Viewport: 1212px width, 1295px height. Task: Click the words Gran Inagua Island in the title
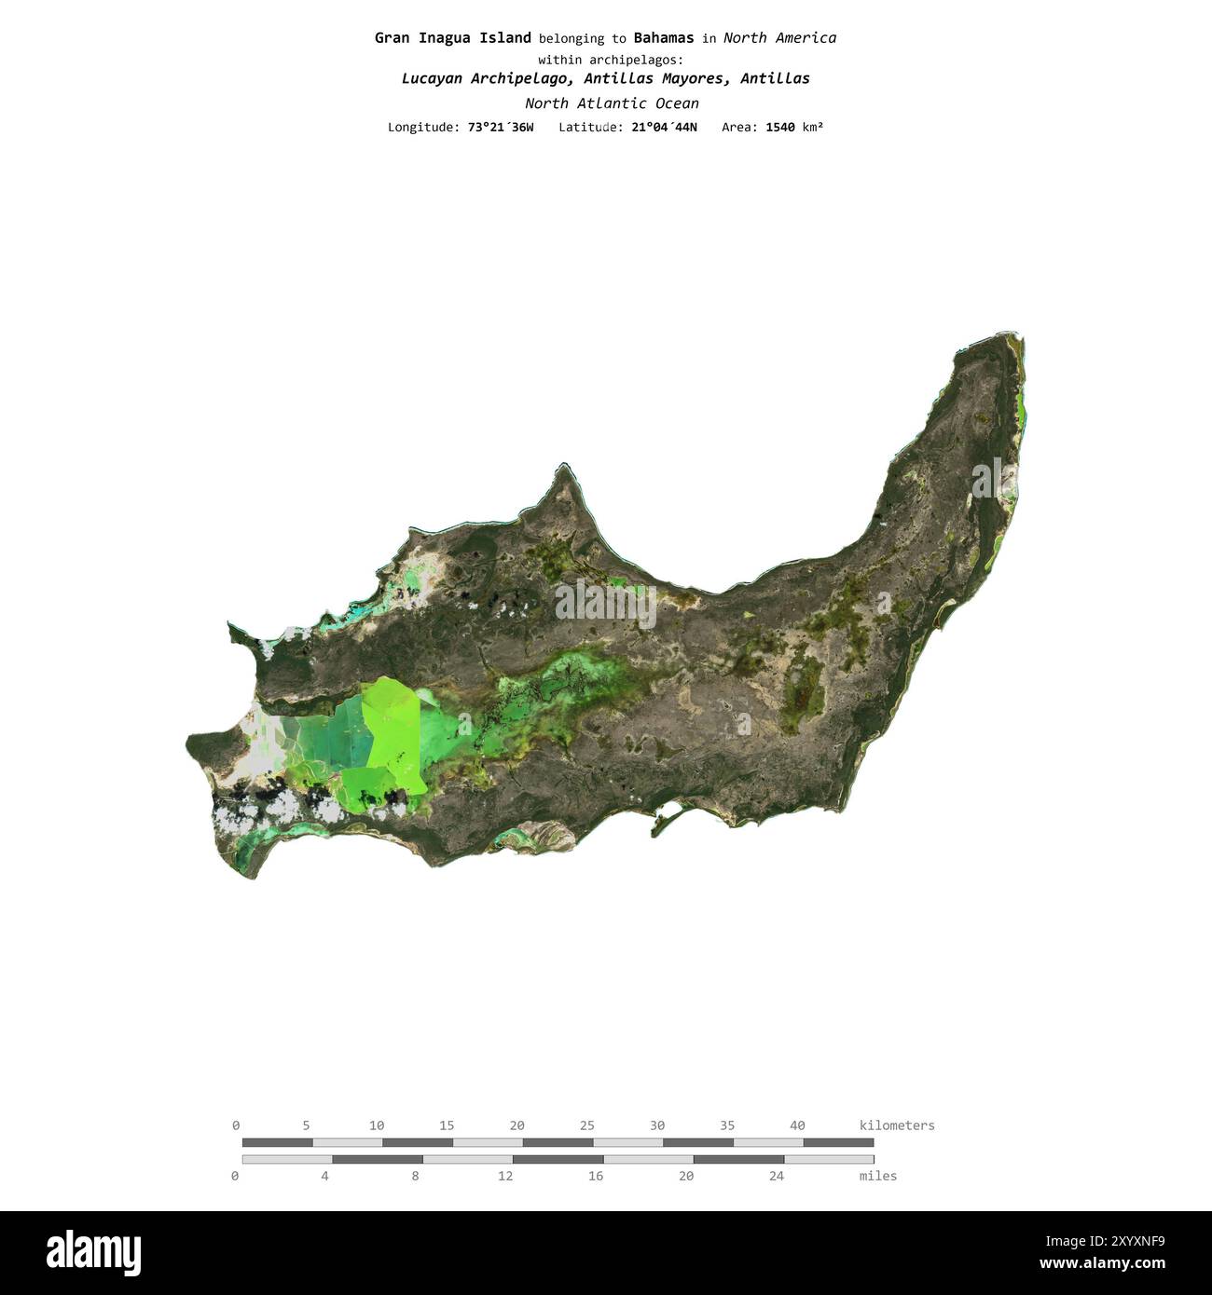tap(452, 38)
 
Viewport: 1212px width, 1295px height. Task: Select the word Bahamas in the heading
tap(663, 38)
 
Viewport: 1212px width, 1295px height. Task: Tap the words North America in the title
tap(779, 38)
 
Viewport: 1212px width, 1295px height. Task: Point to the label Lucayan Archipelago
tap(485, 79)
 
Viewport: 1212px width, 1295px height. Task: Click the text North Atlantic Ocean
tap(611, 103)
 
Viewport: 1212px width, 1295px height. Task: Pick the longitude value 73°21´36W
tap(501, 128)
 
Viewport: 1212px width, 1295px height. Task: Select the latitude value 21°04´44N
tap(664, 128)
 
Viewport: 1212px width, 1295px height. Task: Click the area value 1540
tap(780, 128)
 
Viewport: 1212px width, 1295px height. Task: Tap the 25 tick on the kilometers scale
tap(587, 1125)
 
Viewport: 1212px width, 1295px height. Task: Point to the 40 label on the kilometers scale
tap(797, 1125)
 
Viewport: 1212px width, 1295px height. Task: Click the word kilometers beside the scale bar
tap(896, 1125)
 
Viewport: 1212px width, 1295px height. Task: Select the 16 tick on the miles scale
tap(596, 1176)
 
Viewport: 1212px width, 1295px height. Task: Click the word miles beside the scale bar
tap(877, 1176)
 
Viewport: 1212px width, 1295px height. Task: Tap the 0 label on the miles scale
tap(235, 1176)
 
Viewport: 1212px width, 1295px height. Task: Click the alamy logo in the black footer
tap(93, 1253)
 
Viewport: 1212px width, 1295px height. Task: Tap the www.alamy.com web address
tap(1102, 1264)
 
